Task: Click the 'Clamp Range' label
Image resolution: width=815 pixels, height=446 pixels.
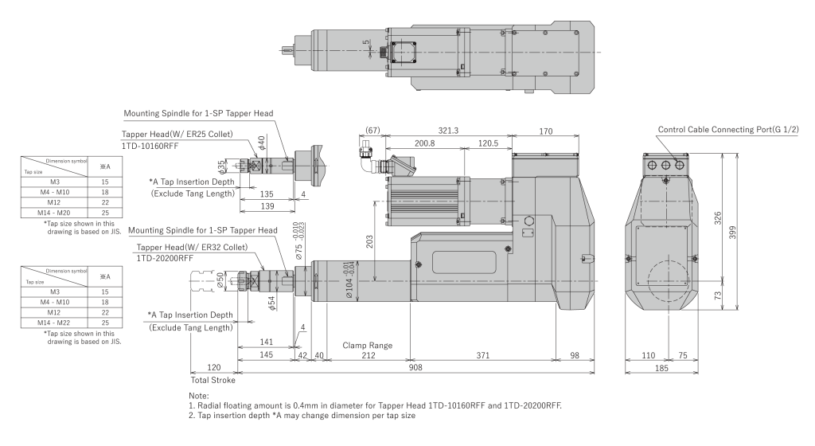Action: [367, 345]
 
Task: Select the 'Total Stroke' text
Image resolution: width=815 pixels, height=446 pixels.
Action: [214, 380]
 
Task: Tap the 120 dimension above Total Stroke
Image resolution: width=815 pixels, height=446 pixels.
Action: [213, 367]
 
